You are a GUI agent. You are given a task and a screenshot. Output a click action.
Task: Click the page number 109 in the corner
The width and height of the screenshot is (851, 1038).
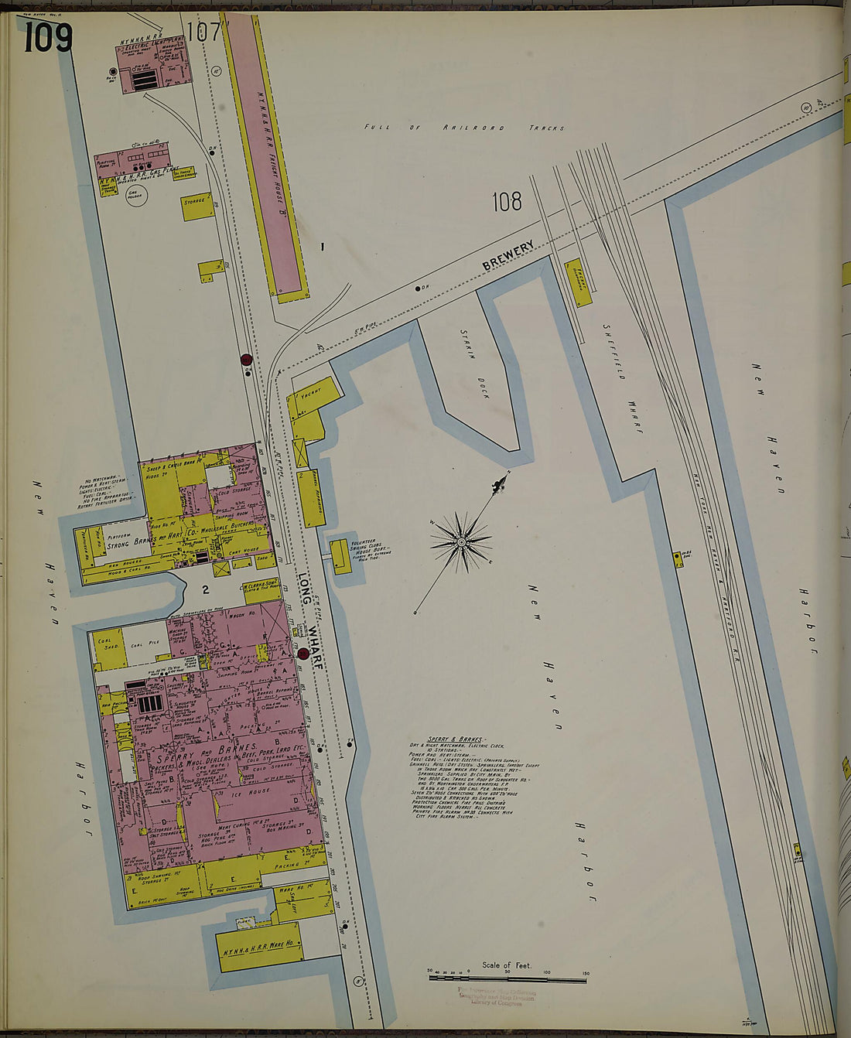pos(48,36)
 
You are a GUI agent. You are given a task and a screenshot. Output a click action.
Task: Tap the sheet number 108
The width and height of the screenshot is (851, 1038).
pos(507,202)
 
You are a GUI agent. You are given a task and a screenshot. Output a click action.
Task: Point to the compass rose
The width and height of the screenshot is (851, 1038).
pos(462,541)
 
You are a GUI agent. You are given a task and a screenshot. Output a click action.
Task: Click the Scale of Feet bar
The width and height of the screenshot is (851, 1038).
pos(507,978)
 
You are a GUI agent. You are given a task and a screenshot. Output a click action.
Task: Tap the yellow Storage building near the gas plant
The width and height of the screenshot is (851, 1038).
pos(197,207)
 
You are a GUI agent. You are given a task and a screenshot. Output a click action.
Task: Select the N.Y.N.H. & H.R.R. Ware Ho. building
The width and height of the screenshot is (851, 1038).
pos(258,949)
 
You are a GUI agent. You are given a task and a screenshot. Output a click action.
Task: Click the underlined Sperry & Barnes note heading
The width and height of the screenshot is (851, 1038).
pos(449,739)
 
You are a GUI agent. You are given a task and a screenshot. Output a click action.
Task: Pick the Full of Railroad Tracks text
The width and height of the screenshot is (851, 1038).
pos(464,128)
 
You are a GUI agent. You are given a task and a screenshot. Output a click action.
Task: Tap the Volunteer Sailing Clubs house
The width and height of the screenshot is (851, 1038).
pos(340,555)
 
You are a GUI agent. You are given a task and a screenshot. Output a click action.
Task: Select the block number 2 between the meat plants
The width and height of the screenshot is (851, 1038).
pos(206,590)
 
